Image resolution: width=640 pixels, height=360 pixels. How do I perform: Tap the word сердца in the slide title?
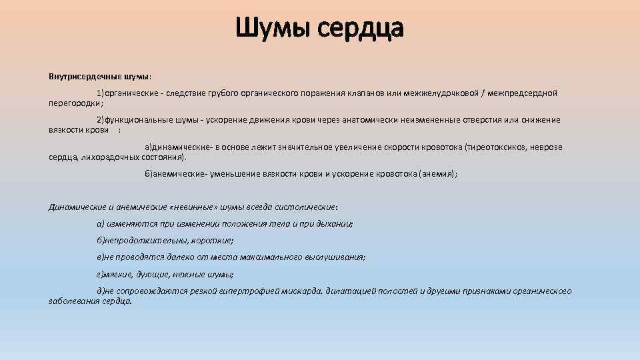[x=361, y=29]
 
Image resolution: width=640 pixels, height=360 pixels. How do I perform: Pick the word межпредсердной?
[x=525, y=93]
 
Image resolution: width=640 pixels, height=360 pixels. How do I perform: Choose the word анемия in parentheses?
[x=437, y=174]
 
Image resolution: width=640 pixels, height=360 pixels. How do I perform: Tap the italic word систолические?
[x=306, y=207]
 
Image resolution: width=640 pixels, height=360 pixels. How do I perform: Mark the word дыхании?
[x=335, y=223]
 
